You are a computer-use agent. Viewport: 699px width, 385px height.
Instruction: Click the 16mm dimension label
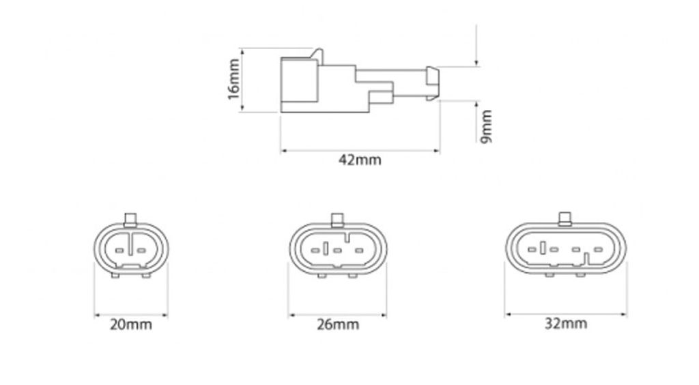point(233,79)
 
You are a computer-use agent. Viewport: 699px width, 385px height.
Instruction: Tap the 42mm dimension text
point(360,160)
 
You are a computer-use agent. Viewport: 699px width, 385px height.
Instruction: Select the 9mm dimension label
point(486,126)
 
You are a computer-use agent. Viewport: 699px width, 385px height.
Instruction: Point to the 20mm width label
point(130,324)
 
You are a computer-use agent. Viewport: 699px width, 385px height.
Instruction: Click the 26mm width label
point(338,324)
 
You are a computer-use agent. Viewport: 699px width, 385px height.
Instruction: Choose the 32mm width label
point(566,323)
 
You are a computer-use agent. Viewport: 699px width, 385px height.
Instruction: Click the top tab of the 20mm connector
point(130,219)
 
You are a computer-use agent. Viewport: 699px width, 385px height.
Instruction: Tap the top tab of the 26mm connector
point(337,219)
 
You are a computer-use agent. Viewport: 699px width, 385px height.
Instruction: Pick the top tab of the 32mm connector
point(565,219)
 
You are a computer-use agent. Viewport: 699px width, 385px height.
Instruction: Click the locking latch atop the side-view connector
point(318,56)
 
